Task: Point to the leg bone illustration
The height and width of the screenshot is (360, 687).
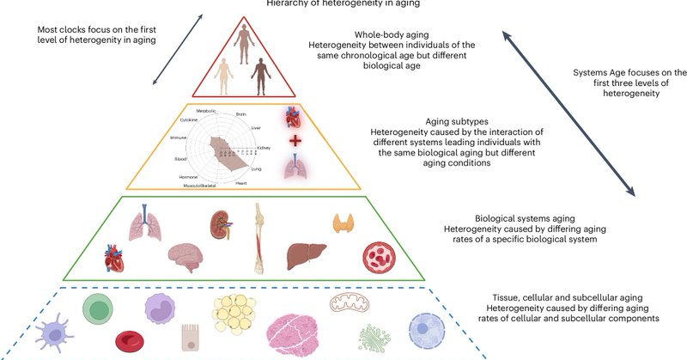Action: [260, 238]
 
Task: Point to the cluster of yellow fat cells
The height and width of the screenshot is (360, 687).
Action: [234, 317]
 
